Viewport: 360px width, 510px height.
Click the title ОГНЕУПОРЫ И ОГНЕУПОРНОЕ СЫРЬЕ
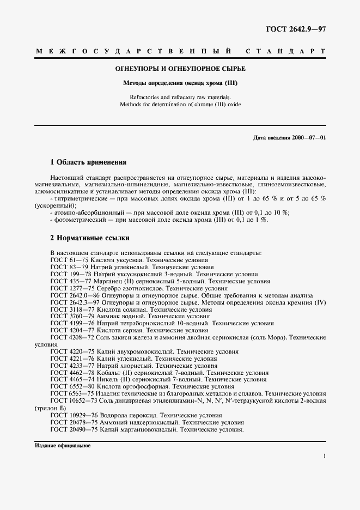[180, 69]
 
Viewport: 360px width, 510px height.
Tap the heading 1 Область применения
[88, 162]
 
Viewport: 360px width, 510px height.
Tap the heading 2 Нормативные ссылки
[90, 238]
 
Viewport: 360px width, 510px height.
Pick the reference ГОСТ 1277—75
[69, 288]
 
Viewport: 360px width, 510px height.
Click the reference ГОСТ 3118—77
[69, 309]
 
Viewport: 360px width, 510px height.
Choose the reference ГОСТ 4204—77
[69, 330]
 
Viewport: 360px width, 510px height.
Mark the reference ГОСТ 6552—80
[69, 387]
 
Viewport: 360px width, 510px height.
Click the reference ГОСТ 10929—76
[71, 415]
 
